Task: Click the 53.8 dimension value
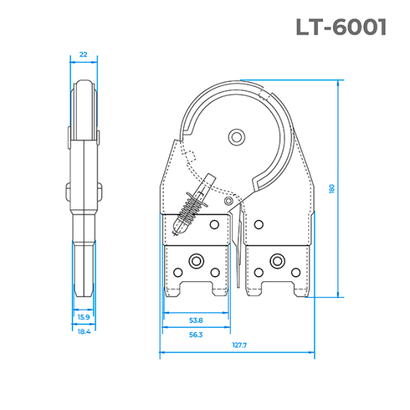pos(195,320)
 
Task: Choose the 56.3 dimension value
pos(195,334)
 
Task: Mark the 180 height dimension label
pos(332,188)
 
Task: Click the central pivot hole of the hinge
pos(235,136)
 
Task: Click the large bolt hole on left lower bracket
pos(195,261)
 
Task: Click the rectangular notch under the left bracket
pos(195,289)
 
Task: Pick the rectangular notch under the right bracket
pos(276,289)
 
